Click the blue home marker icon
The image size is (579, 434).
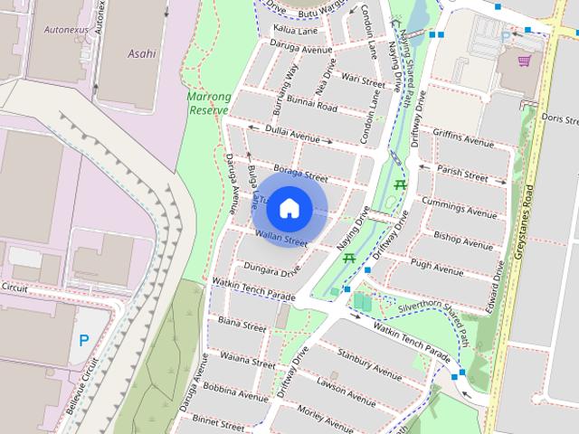click(289, 208)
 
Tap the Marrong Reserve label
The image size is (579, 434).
click(208, 103)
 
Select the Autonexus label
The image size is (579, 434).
click(65, 29)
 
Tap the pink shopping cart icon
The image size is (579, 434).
click(523, 61)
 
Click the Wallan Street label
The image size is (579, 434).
click(281, 240)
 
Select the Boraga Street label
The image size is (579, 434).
click(299, 175)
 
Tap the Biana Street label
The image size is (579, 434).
click(242, 324)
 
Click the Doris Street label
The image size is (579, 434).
click(559, 118)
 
